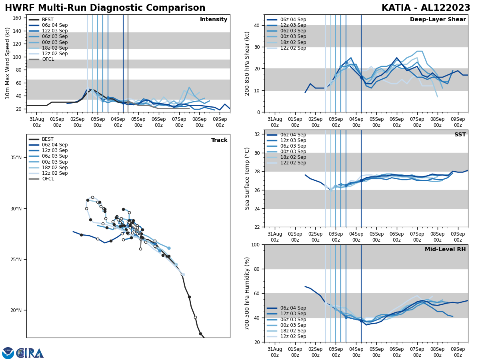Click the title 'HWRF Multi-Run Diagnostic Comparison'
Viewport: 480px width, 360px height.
coord(105,8)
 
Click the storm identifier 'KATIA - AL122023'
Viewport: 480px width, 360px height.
coord(426,8)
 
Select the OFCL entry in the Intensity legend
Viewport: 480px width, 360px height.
coord(48,59)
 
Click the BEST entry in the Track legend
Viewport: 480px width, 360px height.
coord(48,139)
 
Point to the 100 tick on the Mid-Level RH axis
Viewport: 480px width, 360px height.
coord(255,244)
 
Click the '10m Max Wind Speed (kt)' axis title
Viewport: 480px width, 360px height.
coord(8,63)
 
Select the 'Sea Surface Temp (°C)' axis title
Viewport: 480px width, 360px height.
coord(247,178)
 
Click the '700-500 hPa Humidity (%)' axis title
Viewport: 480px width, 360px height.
coord(247,293)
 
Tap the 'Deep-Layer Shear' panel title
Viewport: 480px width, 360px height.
coord(438,20)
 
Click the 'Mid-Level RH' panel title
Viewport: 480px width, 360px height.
coord(445,250)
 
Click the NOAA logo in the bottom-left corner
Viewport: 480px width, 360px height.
coord(8,353)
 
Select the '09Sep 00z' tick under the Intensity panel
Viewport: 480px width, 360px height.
coord(220,122)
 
